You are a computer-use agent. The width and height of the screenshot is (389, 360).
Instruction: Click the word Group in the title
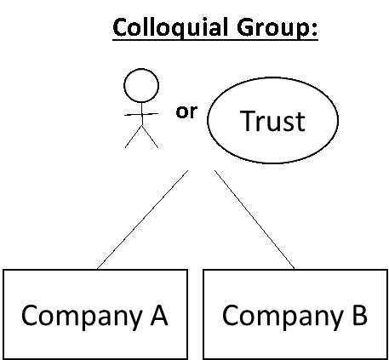273,28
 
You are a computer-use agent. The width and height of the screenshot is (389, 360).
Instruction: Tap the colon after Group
314,30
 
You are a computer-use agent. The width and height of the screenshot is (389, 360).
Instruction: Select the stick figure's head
141,85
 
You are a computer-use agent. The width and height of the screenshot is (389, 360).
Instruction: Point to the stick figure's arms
141,114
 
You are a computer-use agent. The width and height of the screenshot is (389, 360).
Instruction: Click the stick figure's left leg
134,136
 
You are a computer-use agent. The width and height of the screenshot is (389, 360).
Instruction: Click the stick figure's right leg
150,136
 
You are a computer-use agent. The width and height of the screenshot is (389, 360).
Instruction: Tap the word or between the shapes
186,111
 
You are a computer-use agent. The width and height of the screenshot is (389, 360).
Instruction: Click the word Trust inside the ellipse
272,121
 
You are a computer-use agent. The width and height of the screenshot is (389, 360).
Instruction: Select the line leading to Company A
142,220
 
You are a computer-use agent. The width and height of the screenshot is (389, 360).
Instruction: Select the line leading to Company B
255,220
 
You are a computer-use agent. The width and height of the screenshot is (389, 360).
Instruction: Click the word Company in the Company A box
82,317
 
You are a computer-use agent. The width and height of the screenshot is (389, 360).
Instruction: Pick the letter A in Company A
159,314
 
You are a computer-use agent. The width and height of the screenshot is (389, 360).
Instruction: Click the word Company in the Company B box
283,317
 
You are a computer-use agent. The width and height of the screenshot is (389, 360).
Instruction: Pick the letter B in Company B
360,314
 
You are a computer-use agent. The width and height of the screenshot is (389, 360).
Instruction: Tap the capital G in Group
246,27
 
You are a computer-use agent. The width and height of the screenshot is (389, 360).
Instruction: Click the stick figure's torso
142,113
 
